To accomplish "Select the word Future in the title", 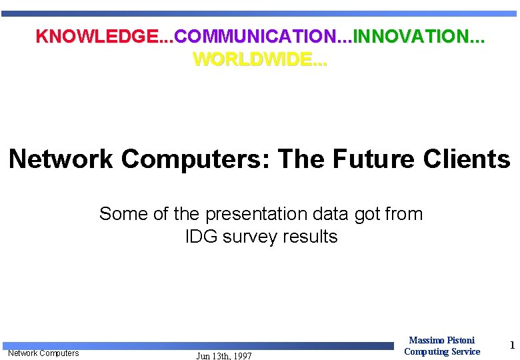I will pos(370,159).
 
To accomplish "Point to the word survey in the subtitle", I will pos(249,237).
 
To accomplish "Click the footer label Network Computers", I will pos(43,353).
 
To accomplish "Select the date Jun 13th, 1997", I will pos(224,356).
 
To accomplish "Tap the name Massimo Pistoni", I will pos(441,341).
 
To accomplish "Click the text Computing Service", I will pos(441,352).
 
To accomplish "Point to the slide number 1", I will pos(512,345).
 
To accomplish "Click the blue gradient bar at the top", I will pos(260,13).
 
